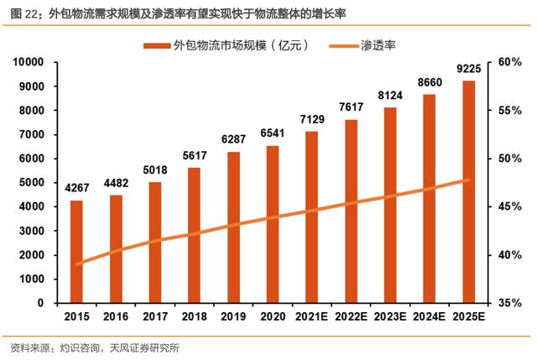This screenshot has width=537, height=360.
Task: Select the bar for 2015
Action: tap(76, 251)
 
